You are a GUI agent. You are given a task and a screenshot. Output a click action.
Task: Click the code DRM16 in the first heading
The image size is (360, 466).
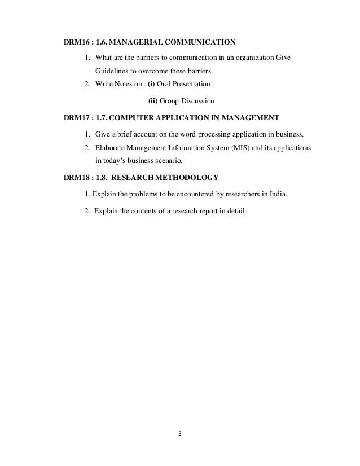[x=75, y=42]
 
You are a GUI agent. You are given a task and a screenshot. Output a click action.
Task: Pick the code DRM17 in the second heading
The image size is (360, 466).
[x=75, y=118]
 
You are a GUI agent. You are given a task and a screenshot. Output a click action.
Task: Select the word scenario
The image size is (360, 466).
[x=168, y=161]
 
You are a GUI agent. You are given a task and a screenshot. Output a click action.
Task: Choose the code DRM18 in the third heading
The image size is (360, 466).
[x=75, y=178]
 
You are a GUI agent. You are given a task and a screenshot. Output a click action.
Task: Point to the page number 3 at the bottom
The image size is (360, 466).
[x=179, y=434]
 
